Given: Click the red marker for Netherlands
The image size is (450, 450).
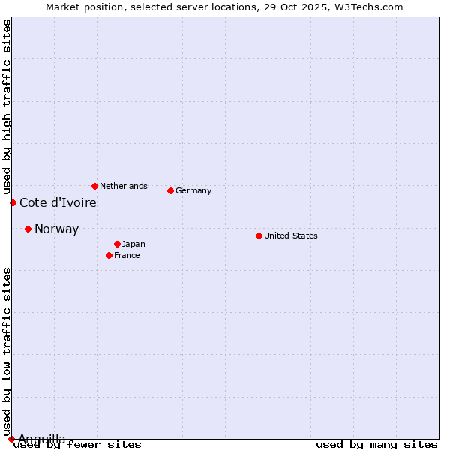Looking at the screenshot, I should point(94,186).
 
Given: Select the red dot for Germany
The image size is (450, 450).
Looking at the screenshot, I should point(170,190).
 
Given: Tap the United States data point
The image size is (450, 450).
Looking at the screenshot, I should point(259,235).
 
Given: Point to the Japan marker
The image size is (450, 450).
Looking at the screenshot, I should point(117,244).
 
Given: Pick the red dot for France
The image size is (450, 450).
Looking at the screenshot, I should point(109,255).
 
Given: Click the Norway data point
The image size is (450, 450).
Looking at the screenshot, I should point(28,229).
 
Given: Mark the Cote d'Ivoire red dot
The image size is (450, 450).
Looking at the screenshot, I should point(13,202).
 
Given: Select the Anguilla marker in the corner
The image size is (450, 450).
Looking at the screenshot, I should point(11,439).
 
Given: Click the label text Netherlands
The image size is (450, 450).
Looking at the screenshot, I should point(124,186).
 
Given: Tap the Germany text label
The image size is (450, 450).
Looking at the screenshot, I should point(193,190).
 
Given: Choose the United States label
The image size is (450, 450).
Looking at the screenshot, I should point(291,235).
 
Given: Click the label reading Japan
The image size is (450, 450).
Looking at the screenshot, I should point(133,244).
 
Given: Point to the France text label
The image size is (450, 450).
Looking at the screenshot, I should point(127,255).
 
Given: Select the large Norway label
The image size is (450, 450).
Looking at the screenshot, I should point(56,229).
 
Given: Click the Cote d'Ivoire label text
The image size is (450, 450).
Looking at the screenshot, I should point(58,202).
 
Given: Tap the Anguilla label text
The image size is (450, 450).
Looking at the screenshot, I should point(41,439).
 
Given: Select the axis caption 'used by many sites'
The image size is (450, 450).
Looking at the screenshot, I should point(376,445).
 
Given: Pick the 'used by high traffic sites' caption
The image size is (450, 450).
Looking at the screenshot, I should point(7,106).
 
